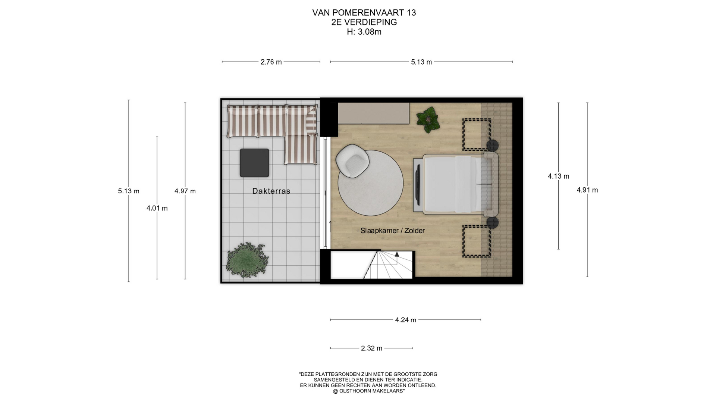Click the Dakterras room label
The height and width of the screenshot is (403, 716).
pos(271,191)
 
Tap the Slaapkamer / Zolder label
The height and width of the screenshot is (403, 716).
pos(392,231)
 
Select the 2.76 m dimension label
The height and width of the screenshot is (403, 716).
pos(271,62)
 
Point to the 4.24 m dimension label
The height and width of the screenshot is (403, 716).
pos(406,320)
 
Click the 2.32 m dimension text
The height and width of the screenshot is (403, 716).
pos(371,348)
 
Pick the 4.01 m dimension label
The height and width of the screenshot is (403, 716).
pos(157,208)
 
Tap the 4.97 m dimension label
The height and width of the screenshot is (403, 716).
pos(185,191)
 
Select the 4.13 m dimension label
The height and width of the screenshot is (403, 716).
pos(558,176)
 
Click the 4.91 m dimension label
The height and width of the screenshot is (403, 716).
pos(587,190)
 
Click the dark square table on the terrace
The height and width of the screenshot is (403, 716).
pos(254,163)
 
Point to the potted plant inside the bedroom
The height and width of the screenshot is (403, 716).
pos(428,119)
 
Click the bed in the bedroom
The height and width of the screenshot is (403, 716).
pos(456,185)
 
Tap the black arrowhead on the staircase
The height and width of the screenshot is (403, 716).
pos(397,254)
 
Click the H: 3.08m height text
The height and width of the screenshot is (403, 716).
pos(364,32)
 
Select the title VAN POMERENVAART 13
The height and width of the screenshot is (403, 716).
pos(364,13)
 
